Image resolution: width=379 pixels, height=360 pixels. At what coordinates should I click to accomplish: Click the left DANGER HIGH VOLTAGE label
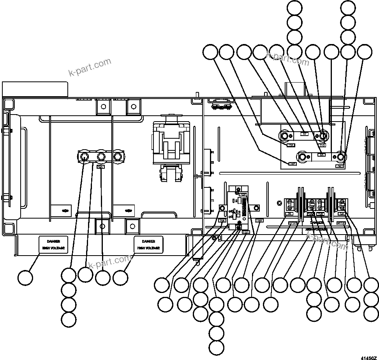(53, 244)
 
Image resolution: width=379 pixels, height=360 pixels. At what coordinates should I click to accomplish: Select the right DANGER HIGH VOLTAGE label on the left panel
(148, 244)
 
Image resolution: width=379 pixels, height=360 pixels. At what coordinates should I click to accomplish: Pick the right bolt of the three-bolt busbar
(118, 156)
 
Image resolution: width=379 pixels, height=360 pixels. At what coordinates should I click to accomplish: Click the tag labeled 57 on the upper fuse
(305, 134)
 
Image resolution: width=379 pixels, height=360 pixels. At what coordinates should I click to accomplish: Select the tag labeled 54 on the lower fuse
(321, 155)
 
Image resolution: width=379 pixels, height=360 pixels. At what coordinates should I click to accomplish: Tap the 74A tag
(222, 221)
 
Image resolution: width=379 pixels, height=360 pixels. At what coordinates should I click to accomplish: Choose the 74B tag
(259, 221)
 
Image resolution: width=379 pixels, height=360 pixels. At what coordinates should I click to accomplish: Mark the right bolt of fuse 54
(341, 157)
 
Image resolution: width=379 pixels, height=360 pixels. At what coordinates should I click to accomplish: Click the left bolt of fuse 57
(285, 136)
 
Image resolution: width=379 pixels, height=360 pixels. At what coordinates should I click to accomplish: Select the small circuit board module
(238, 209)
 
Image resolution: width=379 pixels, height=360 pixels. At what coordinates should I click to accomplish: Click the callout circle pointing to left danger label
(26, 277)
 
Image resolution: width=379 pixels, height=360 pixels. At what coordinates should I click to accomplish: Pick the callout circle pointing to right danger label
(120, 277)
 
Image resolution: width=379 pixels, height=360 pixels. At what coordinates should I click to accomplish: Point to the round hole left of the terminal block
(279, 203)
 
